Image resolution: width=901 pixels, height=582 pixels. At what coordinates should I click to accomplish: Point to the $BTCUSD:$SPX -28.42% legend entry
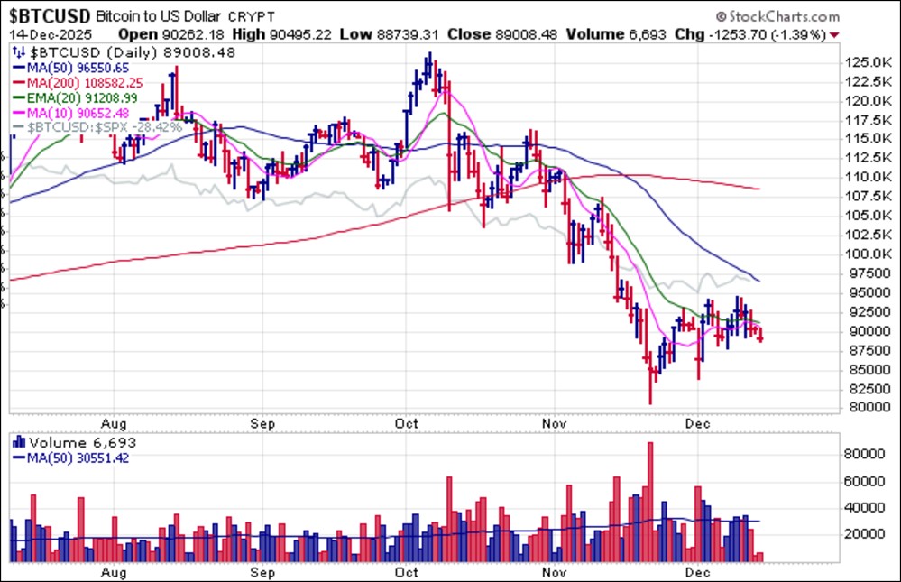pyautogui.click(x=104, y=127)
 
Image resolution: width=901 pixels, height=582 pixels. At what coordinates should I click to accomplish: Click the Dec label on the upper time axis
pyautogui.click(x=695, y=421)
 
